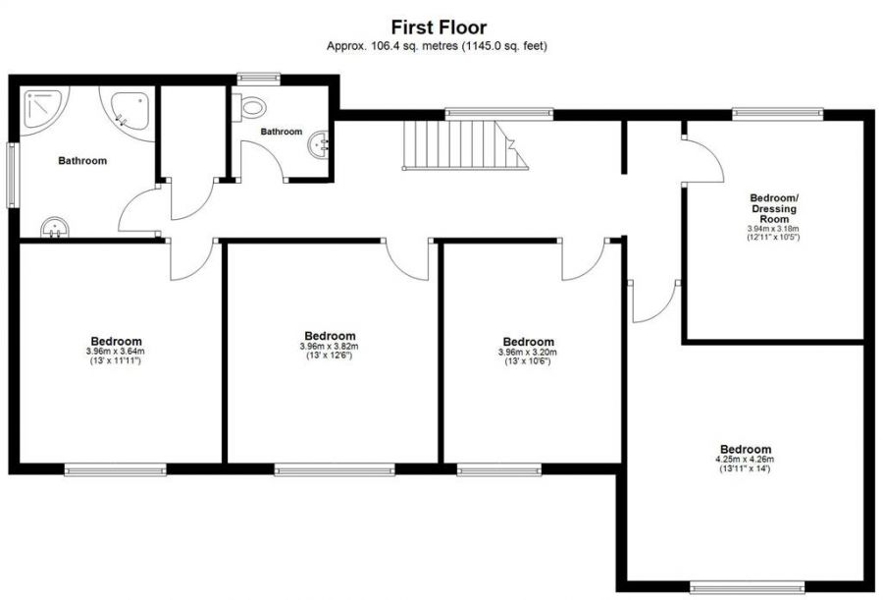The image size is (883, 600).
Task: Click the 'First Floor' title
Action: coord(439,27)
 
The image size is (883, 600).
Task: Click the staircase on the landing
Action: coord(461,145)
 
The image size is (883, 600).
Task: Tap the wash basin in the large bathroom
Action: coord(57,228)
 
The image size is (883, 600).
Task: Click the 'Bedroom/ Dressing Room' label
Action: coord(773,208)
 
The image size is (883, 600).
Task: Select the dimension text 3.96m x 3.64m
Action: coord(114,352)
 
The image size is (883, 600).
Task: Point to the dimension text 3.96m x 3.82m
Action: coord(329,347)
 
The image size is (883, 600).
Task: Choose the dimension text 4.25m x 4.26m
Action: coord(745,460)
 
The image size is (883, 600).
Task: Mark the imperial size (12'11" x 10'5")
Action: coord(773,237)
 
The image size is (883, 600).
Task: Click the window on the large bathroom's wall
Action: coord(14,175)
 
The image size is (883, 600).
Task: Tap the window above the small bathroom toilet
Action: coord(259,79)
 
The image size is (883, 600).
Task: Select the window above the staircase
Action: coord(498,114)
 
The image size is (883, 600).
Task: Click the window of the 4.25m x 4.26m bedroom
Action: coord(748,587)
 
